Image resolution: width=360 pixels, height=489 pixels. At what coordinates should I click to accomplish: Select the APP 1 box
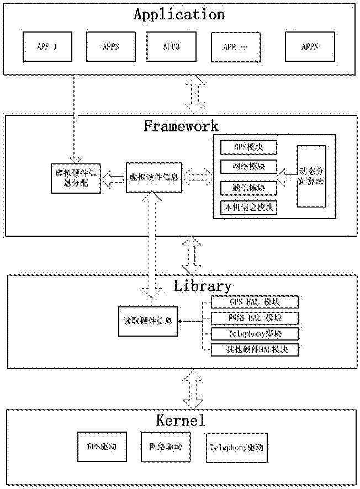point(47,46)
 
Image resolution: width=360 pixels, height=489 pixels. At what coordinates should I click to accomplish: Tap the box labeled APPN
point(310,46)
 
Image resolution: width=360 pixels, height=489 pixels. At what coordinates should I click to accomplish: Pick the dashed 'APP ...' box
point(236,46)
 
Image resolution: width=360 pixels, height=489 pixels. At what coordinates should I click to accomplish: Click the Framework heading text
point(181,126)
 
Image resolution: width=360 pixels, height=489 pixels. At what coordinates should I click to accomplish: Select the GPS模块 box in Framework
point(248,148)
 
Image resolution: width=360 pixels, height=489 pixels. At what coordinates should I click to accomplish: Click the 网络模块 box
point(248,167)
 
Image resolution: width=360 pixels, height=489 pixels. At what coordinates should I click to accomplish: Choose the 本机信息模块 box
point(248,208)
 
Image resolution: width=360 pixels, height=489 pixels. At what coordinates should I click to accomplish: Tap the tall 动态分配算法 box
point(311,177)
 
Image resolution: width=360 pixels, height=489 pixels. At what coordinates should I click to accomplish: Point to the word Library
point(203,286)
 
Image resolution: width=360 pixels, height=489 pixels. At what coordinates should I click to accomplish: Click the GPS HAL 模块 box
point(255,302)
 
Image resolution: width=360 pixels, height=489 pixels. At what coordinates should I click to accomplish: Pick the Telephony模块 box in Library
point(255,334)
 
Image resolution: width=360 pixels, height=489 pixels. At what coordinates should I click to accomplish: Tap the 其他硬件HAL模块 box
point(255,349)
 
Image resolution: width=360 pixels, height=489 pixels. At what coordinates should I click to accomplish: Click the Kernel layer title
point(181,421)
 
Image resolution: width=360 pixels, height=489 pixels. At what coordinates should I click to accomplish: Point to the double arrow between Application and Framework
point(194,94)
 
